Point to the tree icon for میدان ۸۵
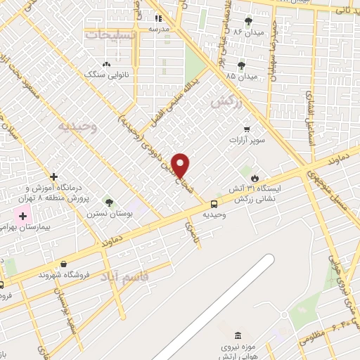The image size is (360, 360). (x=242, y=64)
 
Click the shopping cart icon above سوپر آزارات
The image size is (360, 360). (x=247, y=129)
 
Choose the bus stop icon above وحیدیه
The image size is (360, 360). (x=214, y=204)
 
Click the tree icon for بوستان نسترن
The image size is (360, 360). (x=108, y=202)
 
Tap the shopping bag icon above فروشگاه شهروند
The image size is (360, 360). (x=64, y=264)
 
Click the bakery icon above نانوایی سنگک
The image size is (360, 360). (x=105, y=63)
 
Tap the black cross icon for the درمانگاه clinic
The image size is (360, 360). (x=54, y=176)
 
